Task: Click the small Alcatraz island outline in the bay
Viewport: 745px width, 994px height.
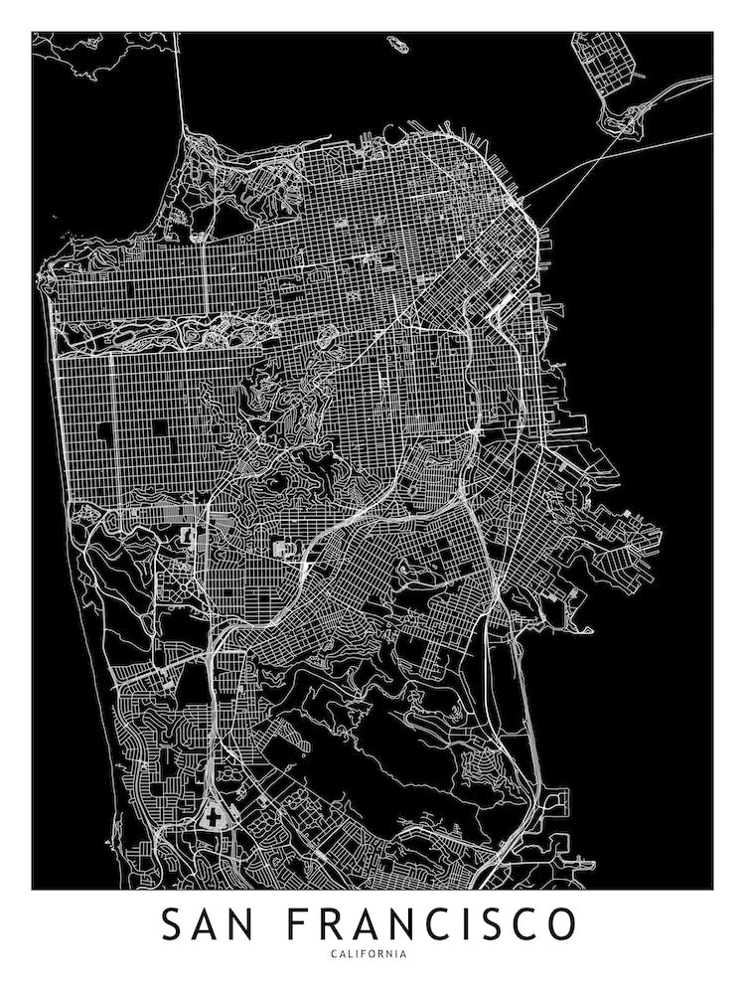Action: [397, 45]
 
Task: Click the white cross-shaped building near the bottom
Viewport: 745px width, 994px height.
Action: [212, 816]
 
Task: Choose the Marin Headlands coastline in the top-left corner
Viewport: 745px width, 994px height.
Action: [89, 60]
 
